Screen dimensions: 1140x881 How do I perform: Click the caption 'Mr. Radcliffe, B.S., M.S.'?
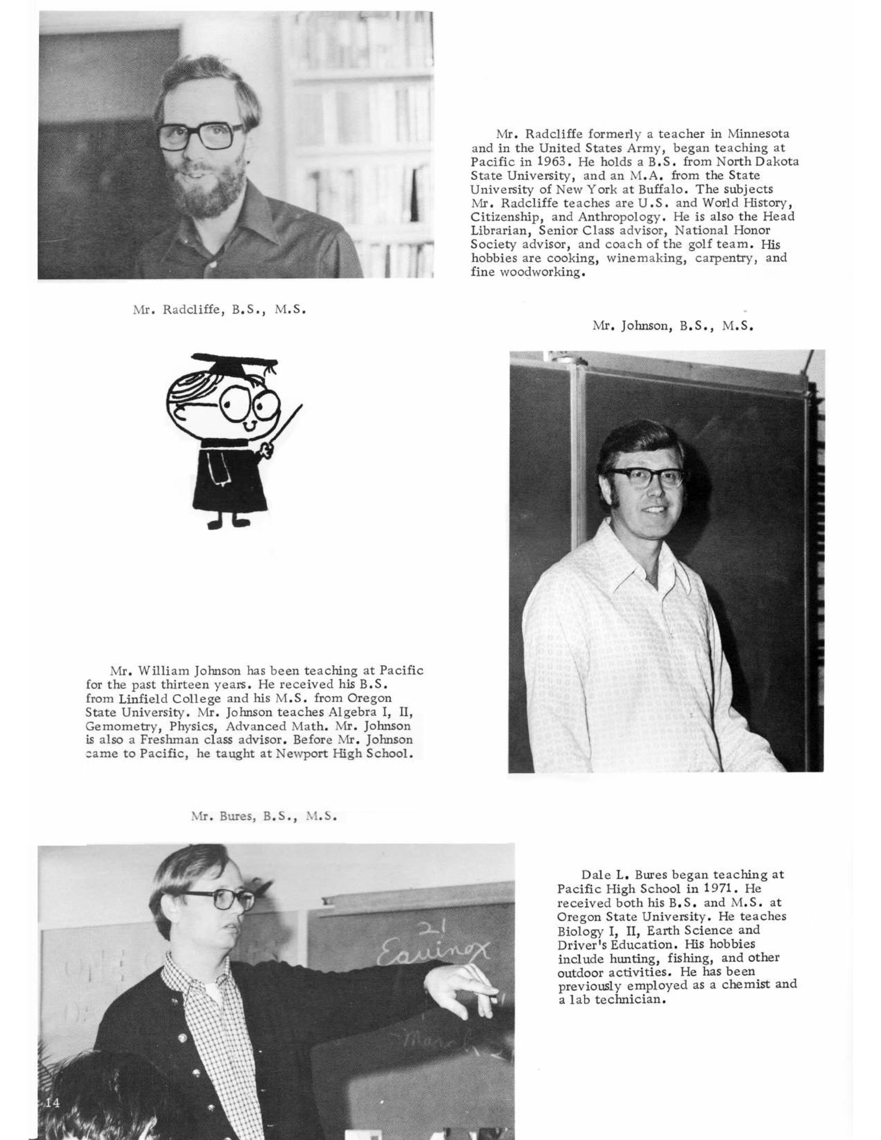[218, 309]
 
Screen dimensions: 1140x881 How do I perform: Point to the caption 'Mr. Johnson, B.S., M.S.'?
[673, 327]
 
